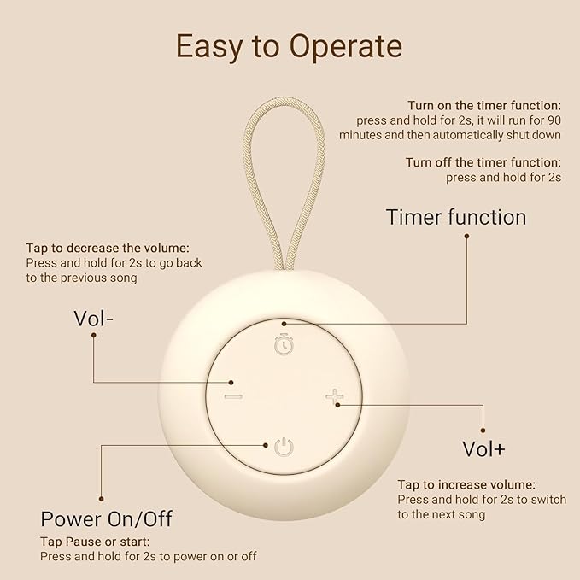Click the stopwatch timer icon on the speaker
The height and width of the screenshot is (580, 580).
[284, 344]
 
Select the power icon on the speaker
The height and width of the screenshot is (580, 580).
[284, 446]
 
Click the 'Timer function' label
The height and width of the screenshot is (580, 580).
[456, 217]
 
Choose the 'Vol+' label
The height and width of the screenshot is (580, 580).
[483, 448]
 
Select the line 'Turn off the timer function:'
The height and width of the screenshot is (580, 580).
[483, 162]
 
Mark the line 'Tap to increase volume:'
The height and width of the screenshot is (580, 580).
[466, 484]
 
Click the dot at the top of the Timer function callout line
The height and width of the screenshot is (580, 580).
[466, 236]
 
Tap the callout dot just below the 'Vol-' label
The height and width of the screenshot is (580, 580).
[93, 336]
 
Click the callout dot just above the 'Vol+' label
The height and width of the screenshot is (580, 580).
[483, 431]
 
